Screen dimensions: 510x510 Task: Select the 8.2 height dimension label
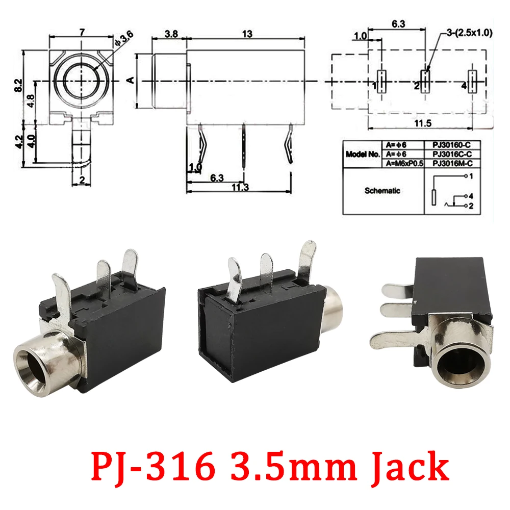19,85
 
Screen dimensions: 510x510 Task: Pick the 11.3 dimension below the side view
238,187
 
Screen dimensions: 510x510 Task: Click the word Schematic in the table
382,191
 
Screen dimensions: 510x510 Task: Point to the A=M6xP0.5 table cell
403,163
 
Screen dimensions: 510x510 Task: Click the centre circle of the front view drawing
81,81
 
